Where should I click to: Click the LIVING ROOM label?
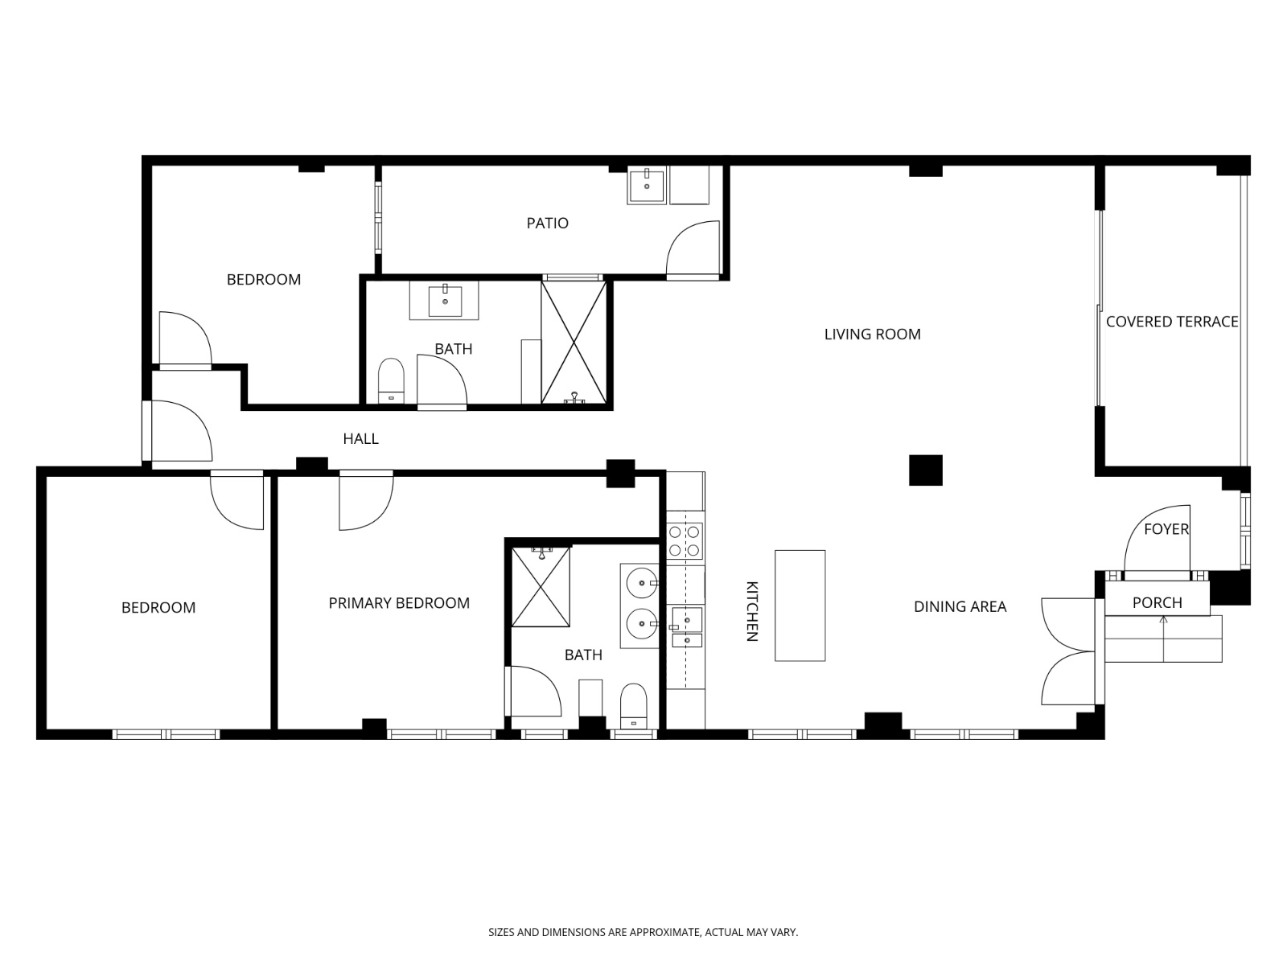point(872,334)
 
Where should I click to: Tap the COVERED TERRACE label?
point(1171,322)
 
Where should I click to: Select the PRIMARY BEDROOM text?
point(399,603)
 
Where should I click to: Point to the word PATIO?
point(547,223)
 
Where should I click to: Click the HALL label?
point(360,438)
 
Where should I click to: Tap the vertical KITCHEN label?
point(752,611)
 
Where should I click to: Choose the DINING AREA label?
point(960,606)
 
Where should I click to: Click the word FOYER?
point(1166,529)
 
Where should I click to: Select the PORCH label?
point(1157,602)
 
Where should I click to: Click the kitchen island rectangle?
point(800,606)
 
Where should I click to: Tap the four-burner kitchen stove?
point(685,541)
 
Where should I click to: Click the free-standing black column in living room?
point(925,470)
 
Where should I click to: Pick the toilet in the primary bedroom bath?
point(634,705)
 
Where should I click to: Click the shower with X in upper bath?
point(574,342)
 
